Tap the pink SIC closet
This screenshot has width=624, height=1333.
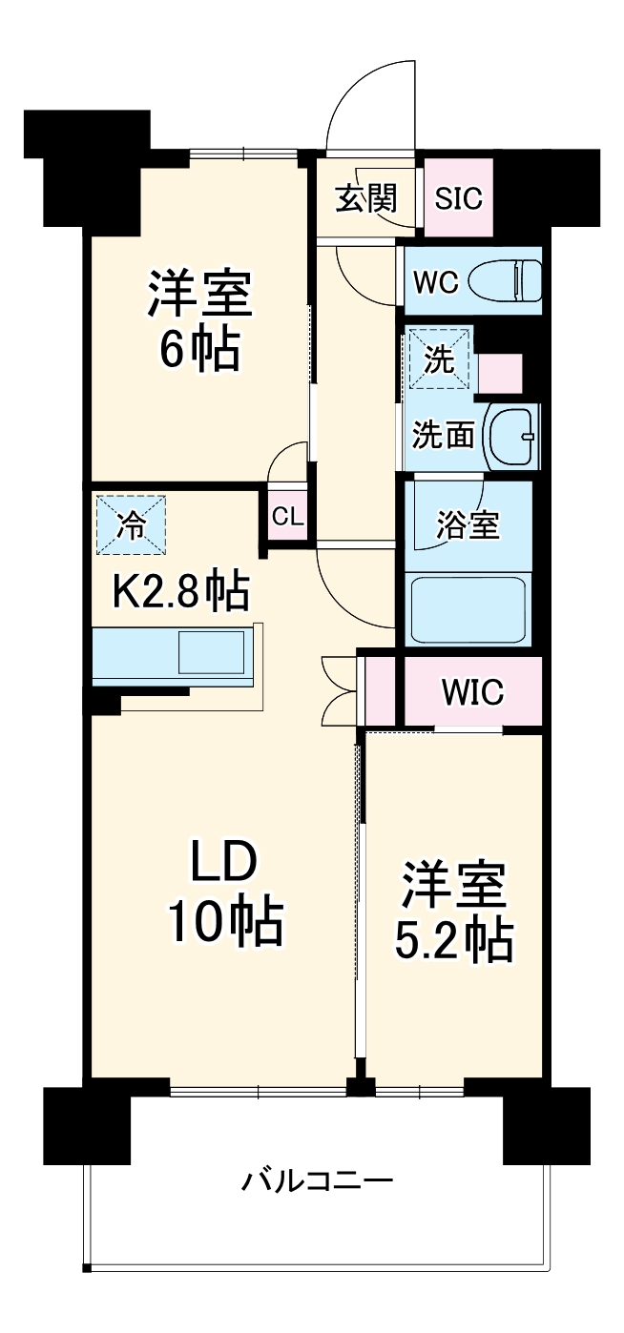click(x=458, y=198)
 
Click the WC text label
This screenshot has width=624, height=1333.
click(x=436, y=282)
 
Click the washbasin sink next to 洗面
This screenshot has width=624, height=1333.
click(x=512, y=437)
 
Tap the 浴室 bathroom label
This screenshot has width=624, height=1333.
click(x=468, y=524)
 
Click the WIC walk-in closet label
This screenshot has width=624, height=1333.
click(x=471, y=693)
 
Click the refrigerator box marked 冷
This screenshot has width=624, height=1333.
click(x=130, y=523)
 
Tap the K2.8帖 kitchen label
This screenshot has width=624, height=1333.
click(x=181, y=592)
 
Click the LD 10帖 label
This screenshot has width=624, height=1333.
click(x=224, y=892)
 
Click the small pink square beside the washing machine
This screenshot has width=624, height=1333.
click(x=499, y=374)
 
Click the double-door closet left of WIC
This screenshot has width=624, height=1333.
click(x=380, y=691)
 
